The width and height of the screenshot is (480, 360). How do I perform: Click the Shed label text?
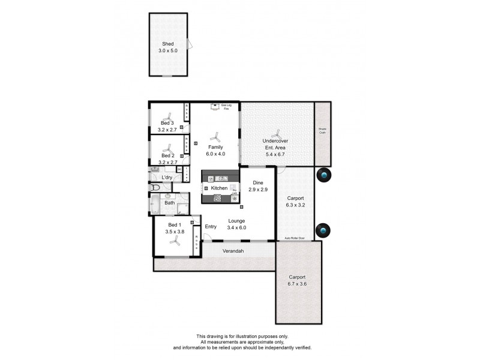167,44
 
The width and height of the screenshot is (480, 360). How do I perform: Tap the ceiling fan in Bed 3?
169,115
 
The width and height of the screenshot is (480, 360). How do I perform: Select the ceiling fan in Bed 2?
169,148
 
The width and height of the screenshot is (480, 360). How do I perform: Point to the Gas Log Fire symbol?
214,107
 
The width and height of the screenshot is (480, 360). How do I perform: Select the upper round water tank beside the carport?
323,175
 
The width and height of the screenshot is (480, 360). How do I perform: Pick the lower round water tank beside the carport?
323,230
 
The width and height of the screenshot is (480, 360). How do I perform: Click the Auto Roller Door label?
294,239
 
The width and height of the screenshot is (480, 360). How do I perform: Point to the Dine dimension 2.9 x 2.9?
259,190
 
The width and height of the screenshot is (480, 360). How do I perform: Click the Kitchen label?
219,188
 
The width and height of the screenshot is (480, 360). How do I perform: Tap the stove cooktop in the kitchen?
218,197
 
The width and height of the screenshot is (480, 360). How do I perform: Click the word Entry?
211,226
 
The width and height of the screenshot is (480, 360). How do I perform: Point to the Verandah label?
233,250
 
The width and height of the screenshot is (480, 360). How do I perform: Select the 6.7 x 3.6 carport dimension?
298,284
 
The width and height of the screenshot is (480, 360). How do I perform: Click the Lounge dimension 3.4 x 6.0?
236,227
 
